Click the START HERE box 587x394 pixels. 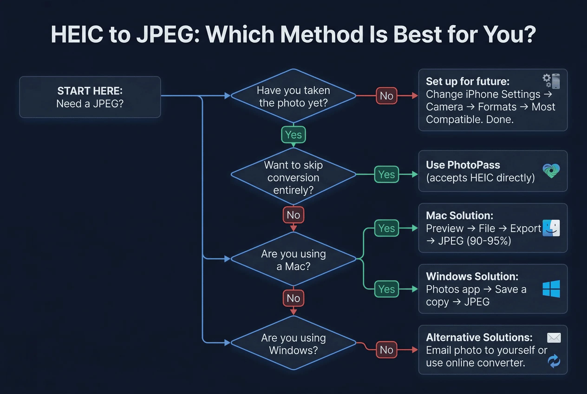pos(90,97)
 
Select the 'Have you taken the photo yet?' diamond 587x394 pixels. pos(293,96)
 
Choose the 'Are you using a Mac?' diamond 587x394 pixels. pos(293,259)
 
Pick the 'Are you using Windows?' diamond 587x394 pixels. pos(293,343)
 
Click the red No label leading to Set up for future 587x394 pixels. pos(386,96)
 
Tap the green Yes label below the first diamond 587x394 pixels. pos(293,135)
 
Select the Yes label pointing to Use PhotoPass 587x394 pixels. pos(386,174)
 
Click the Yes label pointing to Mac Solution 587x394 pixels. pos(386,228)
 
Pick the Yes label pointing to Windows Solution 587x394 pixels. pos(386,289)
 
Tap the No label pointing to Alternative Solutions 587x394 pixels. pos(386,350)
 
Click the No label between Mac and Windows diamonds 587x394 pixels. pos(293,298)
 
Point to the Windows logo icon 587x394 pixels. pos(551,289)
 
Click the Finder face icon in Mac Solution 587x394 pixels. pos(551,228)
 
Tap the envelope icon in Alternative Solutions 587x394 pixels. pos(554,338)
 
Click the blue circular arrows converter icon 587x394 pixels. pos(554,361)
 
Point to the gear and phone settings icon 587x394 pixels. pos(551,81)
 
